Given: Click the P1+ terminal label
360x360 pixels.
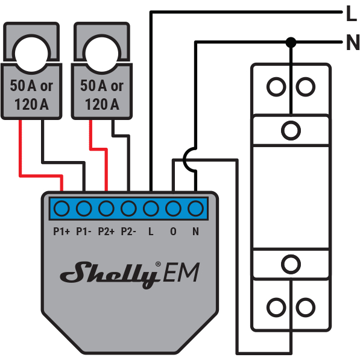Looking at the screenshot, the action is coord(62,232).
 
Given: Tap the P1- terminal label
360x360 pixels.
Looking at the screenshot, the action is coord(84,232).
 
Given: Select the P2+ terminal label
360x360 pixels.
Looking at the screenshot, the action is coord(106,232).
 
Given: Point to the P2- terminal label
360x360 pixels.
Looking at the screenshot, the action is coord(128,232).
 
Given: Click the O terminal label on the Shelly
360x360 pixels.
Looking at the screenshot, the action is coord(173,232).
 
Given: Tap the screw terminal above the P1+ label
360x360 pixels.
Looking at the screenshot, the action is coord(62,209).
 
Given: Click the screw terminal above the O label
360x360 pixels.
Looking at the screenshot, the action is coord(173,209).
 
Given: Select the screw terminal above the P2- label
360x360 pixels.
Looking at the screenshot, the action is coord(128,209).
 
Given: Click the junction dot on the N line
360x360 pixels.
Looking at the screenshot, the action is coord(291,42).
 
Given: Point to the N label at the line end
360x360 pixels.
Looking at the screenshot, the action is coord(353,42).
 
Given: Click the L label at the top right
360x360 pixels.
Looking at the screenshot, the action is coord(352,13).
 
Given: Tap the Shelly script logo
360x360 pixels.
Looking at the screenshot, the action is coord(111,274).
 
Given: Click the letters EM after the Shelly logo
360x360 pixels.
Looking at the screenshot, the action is coord(182,273).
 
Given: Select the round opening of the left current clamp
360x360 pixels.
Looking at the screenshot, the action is coord(31,54).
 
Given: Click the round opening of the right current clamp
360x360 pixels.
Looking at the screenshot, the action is coord(102,54).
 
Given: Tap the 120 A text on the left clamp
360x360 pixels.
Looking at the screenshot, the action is coord(31,104).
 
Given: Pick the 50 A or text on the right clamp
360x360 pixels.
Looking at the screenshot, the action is coord(102,86).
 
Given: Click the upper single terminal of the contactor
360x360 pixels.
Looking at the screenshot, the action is coord(291,131).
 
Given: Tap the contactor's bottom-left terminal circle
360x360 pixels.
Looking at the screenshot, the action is coord(276,307).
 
